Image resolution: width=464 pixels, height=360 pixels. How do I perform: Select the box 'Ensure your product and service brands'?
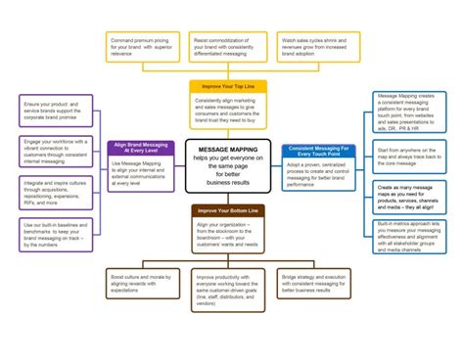click(x=55, y=109)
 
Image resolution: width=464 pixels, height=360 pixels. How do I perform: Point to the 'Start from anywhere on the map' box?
click(x=409, y=157)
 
